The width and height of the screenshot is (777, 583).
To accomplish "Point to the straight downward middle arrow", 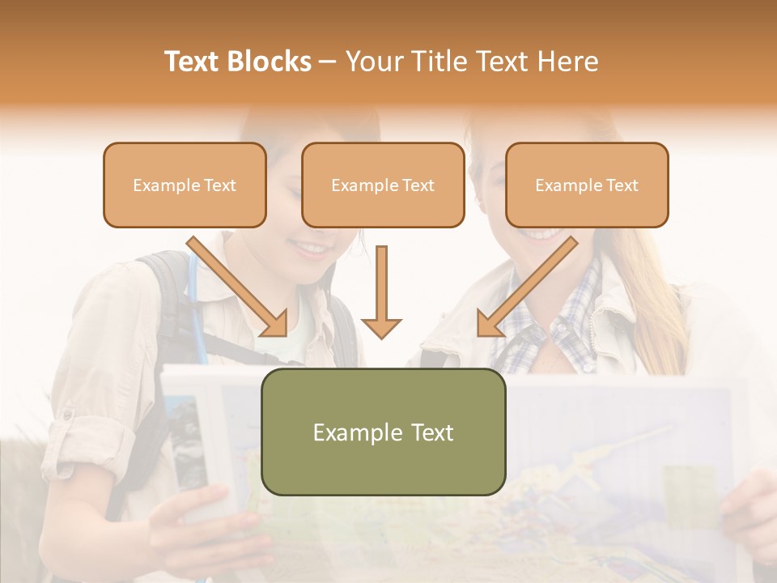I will tap(381, 283).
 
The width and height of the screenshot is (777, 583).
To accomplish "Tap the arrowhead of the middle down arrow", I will tap(381, 327).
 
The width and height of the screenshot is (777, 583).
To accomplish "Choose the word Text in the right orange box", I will tap(622, 185).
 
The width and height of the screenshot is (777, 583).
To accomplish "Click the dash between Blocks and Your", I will tap(328, 62).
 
